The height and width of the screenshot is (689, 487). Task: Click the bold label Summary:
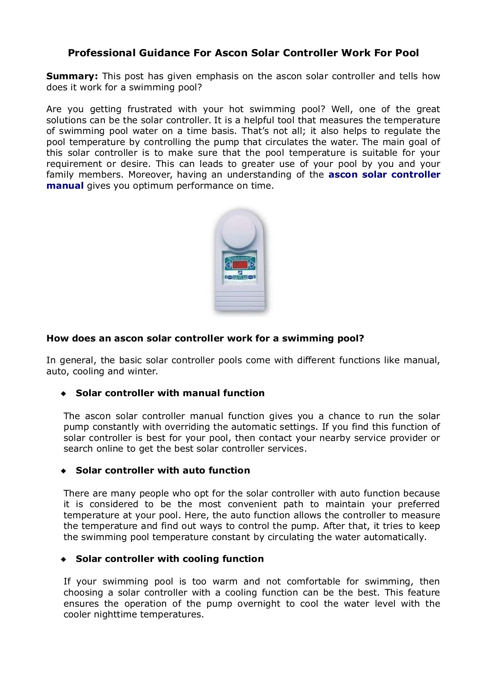click(72, 76)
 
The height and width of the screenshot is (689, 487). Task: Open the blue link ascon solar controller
click(384, 175)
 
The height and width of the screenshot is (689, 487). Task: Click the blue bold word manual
click(65, 186)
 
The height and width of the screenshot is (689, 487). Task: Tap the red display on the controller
click(240, 264)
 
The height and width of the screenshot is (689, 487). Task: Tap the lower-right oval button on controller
click(250, 277)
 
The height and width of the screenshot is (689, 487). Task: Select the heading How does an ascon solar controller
click(205, 338)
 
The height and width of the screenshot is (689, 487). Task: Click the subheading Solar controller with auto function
click(163, 470)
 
